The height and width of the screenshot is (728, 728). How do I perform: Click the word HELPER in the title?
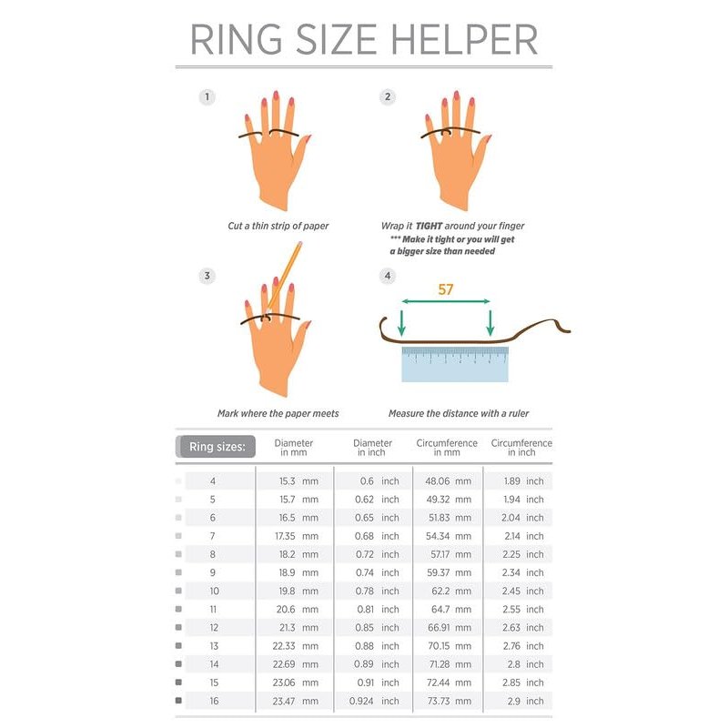465,39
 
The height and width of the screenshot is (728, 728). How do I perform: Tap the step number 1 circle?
207,97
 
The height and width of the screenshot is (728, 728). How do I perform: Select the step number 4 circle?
388,277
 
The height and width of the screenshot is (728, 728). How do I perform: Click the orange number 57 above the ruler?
445,289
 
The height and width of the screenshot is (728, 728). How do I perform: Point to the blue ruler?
455,365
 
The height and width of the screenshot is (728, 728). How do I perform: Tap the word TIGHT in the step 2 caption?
429,226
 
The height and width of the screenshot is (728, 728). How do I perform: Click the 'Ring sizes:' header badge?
217,447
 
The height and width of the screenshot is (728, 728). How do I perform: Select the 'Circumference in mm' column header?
447,448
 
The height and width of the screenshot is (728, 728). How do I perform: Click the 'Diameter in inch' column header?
372,448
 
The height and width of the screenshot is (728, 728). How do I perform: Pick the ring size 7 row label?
213,536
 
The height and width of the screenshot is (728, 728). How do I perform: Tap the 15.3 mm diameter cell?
298,481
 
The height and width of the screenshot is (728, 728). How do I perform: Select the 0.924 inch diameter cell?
374,701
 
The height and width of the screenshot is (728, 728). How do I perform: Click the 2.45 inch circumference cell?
522,591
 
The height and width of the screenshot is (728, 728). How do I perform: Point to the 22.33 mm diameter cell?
295,646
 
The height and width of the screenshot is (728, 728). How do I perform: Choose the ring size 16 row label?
214,701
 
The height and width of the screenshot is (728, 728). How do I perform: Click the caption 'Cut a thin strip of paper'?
278,226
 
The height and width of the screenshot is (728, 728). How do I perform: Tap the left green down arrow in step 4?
401,323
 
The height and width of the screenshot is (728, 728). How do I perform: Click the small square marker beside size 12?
178,628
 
